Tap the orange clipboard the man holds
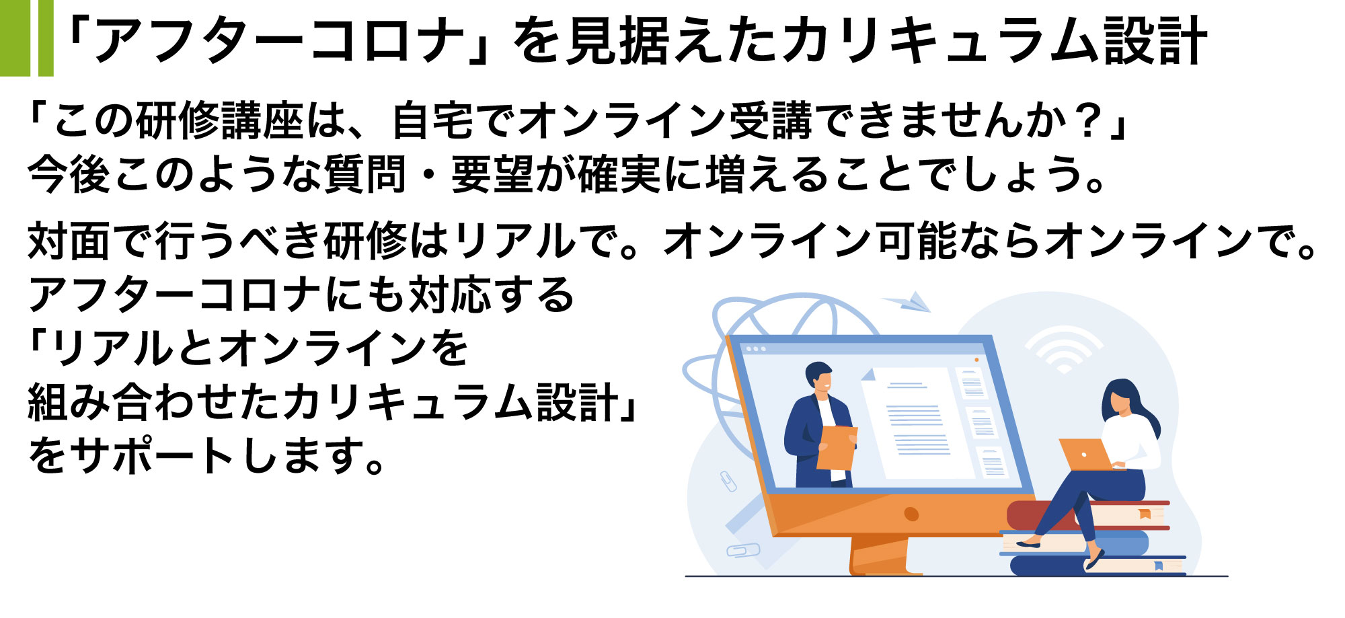[837, 448]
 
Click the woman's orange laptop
[1085, 455]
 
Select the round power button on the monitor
[911, 514]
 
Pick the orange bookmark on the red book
[1144, 514]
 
